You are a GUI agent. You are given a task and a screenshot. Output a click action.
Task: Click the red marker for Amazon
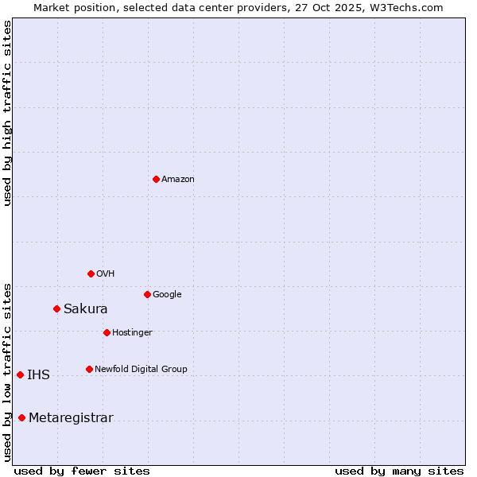click(x=156, y=179)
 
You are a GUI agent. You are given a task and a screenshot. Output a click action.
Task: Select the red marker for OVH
click(x=91, y=273)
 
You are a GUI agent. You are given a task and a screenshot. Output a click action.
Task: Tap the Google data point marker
click(x=147, y=294)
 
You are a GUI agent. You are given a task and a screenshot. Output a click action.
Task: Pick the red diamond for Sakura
click(x=56, y=308)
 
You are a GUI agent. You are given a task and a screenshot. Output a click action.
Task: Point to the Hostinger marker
click(x=107, y=332)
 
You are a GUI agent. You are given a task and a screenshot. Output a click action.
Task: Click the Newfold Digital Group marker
click(x=89, y=369)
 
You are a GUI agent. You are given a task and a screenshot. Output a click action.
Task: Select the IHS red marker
click(x=20, y=374)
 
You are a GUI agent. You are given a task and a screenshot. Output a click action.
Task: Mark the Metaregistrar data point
click(x=21, y=417)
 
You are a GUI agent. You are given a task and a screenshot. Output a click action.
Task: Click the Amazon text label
click(x=178, y=180)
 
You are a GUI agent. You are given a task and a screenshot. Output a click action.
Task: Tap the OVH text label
click(x=106, y=274)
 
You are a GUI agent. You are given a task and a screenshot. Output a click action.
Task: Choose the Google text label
click(x=167, y=295)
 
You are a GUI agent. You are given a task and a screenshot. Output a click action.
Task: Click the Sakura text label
click(x=86, y=309)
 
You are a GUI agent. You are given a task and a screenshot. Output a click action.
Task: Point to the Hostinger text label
click(x=132, y=333)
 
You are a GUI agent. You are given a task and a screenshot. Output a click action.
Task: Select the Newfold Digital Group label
click(x=141, y=370)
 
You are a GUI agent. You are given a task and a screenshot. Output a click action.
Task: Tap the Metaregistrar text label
click(x=71, y=418)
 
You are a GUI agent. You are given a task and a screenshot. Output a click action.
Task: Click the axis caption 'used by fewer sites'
click(x=82, y=471)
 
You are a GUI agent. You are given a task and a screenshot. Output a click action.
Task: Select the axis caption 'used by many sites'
click(x=399, y=471)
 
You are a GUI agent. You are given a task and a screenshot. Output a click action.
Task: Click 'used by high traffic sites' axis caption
click(x=8, y=113)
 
